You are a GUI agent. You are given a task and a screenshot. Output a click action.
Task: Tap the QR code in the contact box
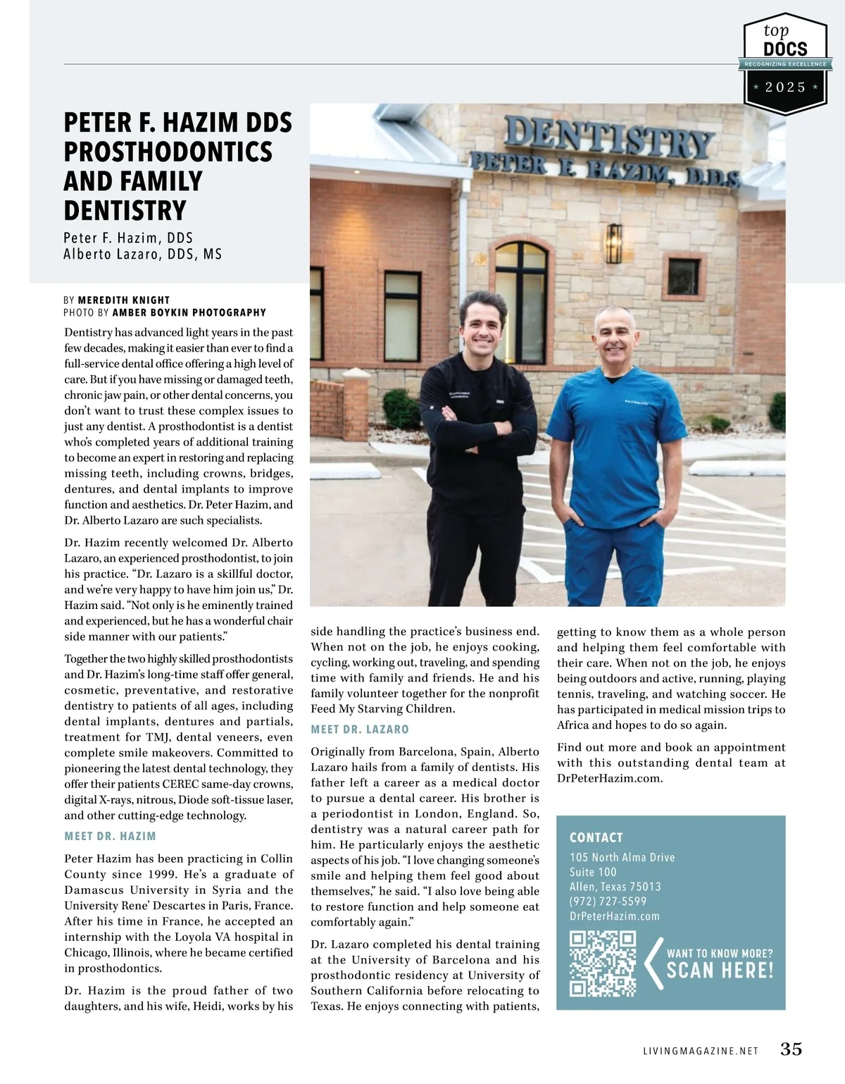point(603,963)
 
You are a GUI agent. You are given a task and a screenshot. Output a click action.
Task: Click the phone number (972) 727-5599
point(608,901)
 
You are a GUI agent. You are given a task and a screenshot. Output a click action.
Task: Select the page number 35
point(791,1049)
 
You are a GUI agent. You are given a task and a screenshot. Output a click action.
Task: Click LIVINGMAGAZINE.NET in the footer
point(700,1050)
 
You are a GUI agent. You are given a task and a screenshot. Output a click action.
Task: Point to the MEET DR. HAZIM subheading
point(110,836)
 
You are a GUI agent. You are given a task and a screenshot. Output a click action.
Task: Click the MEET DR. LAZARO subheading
point(360,729)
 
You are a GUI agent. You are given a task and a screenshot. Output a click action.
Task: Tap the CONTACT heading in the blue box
point(596,837)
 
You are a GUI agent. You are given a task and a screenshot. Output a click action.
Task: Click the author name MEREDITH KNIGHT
point(123,300)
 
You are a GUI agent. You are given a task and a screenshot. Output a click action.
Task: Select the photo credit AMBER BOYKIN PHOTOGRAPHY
point(189,312)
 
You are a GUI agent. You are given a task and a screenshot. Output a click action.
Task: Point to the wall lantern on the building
point(614,245)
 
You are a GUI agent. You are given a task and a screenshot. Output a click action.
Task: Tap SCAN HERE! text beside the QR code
point(720,971)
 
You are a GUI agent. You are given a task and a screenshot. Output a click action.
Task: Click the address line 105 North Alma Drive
point(622,857)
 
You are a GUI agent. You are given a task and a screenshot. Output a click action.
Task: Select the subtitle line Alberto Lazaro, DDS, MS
point(142,254)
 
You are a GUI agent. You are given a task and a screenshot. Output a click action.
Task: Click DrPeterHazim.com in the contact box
point(614,916)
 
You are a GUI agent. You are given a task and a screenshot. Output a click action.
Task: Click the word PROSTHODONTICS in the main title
point(168,152)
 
